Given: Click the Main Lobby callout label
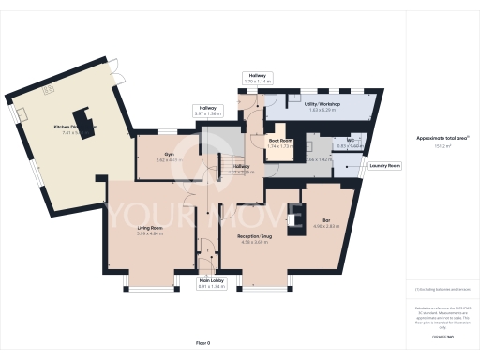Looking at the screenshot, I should (x=211, y=279).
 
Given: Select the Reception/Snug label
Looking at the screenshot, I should (x=253, y=236).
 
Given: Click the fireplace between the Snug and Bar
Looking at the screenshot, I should (x=300, y=217).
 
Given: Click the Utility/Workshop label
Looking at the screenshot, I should (x=322, y=104).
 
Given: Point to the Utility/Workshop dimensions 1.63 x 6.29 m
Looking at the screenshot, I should (x=322, y=111).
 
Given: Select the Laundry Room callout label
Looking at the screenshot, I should (x=385, y=165).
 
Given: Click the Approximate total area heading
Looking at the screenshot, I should (x=442, y=139).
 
